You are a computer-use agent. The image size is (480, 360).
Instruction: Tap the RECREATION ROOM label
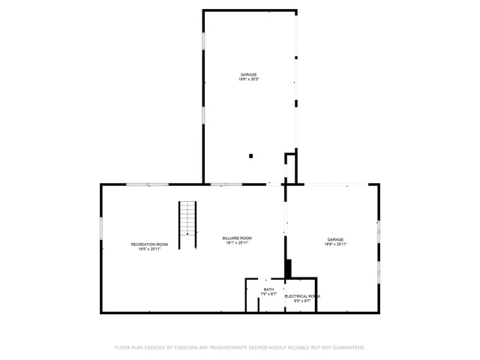pos(149,244)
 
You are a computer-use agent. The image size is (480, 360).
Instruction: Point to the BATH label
pos(268,289)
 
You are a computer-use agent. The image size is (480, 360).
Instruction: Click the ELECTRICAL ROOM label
pos(302,296)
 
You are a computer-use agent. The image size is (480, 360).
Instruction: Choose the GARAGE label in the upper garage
pos(249,75)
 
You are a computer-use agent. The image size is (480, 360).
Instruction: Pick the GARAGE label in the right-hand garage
pos(335,240)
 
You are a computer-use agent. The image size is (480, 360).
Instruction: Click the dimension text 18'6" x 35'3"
pos(249,79)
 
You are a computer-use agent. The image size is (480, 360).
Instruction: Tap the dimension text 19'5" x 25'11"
pos(149,249)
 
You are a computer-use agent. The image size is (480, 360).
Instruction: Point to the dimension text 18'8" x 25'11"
pos(335,244)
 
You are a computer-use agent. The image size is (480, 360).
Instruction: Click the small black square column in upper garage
pos(251,156)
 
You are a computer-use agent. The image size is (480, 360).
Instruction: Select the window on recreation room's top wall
pos(147,184)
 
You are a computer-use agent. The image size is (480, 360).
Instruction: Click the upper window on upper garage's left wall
pos(203,41)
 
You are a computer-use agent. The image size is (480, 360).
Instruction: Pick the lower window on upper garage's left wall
pos(203,115)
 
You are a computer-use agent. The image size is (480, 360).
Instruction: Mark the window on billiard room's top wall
pos(226,184)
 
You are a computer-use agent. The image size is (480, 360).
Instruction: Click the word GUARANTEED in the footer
pos(346,347)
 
